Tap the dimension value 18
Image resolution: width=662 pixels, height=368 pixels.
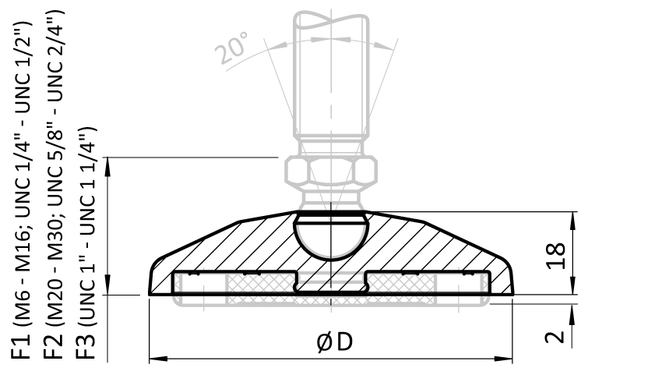[x=555, y=256]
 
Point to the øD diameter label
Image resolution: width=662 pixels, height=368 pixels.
[x=333, y=341]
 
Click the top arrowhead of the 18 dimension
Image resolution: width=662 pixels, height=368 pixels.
[x=573, y=218]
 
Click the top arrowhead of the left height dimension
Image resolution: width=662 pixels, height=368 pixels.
[x=109, y=163]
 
